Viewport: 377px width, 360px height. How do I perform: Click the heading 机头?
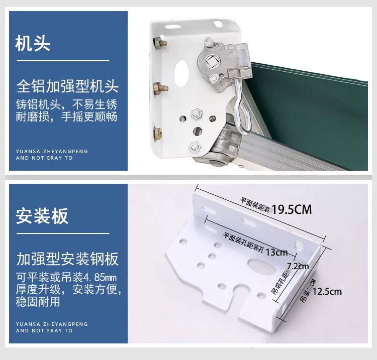33,43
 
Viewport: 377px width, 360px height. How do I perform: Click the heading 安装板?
42,216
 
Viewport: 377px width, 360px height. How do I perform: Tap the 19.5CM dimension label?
292,209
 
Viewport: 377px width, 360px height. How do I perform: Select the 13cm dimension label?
277,252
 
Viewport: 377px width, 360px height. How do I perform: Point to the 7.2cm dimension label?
298,266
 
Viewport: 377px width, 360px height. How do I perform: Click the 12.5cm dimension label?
327,292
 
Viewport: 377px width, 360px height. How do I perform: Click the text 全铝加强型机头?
67,86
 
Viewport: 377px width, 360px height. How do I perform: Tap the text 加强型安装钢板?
67,259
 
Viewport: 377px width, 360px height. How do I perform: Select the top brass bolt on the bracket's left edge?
160,43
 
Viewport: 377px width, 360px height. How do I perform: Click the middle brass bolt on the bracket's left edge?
160,88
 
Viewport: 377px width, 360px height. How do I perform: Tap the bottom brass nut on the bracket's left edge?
158,134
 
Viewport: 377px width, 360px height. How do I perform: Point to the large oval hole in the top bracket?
181,73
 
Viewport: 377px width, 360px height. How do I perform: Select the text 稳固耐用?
38,302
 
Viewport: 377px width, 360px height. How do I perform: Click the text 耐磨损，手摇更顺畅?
66,116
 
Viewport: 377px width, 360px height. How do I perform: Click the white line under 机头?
63,61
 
